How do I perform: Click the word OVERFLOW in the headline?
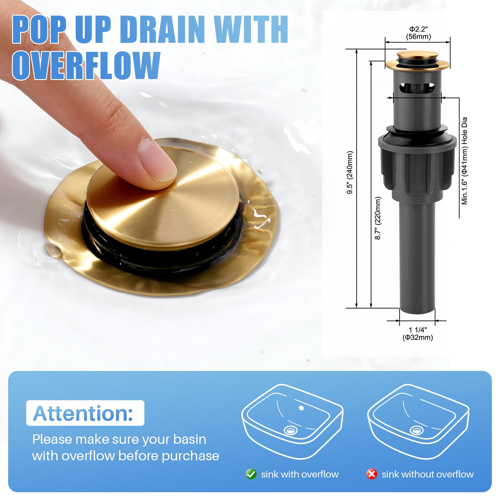pyautogui.click(x=86, y=65)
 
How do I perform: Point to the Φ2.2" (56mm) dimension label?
pyautogui.click(x=418, y=33)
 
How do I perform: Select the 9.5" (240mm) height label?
pyautogui.click(x=350, y=172)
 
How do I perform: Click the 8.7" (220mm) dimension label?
pyautogui.click(x=378, y=218)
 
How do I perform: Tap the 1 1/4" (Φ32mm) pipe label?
pyautogui.click(x=418, y=333)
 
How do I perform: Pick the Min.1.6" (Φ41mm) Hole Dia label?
pyautogui.click(x=465, y=161)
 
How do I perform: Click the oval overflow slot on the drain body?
pyautogui.click(x=417, y=88)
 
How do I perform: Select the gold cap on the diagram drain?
pyautogui.click(x=417, y=61)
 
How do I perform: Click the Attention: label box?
pyautogui.click(x=85, y=413)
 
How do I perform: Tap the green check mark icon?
pyautogui.click(x=251, y=474)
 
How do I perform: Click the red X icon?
pyautogui.click(x=372, y=474)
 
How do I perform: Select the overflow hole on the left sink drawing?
pyautogui.click(x=301, y=408)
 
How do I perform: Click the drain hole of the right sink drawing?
pyautogui.click(x=417, y=431)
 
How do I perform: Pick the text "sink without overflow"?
pyautogui.click(x=427, y=474)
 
